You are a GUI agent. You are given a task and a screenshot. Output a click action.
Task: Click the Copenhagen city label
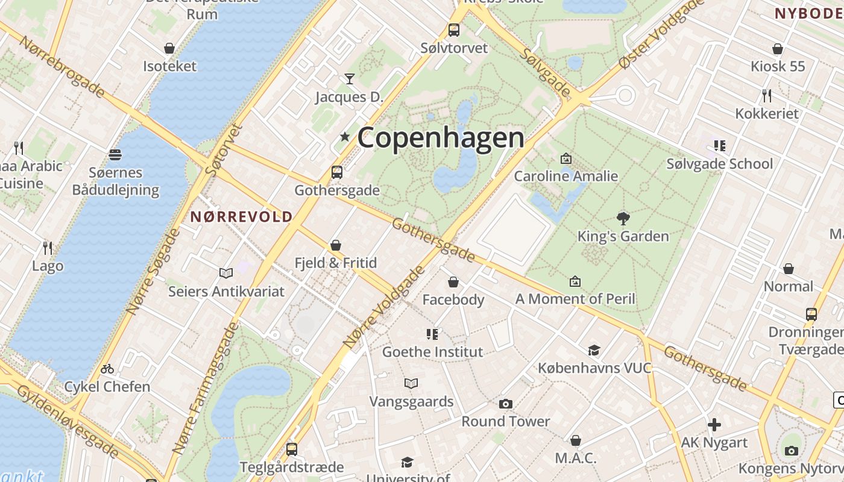click(441, 137)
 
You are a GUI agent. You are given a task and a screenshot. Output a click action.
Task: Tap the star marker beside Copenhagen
click(345, 137)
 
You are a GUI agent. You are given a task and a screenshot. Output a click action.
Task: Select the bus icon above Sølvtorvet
click(453, 30)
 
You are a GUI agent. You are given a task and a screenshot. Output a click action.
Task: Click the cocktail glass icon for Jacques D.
click(349, 78)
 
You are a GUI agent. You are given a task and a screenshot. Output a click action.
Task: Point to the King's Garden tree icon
click(623, 218)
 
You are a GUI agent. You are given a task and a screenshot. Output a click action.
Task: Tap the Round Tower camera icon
click(506, 404)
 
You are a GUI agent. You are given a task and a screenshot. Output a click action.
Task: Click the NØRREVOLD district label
click(242, 217)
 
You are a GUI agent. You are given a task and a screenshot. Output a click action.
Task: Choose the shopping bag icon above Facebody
click(453, 282)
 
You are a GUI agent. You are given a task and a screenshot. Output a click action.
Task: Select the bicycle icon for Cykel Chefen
click(107, 369)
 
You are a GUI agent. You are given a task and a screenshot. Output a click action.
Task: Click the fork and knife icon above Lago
click(48, 248)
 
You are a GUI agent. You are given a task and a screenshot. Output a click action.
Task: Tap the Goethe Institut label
click(433, 352)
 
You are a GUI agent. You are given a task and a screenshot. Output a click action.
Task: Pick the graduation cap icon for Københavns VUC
click(594, 350)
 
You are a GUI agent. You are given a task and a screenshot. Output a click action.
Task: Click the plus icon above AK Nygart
click(714, 425)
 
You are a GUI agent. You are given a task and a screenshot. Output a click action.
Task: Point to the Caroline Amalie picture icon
click(566, 158)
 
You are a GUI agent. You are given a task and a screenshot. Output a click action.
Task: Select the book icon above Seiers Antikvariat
click(226, 274)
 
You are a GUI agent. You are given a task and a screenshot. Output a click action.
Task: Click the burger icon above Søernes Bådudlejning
click(115, 155)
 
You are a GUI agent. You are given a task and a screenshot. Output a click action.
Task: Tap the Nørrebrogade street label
click(63, 66)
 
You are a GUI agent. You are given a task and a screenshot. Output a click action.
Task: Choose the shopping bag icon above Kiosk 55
click(778, 49)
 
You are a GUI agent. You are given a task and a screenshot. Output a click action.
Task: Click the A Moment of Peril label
click(575, 299)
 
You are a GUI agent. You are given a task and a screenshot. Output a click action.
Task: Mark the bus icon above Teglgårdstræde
click(292, 449)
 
